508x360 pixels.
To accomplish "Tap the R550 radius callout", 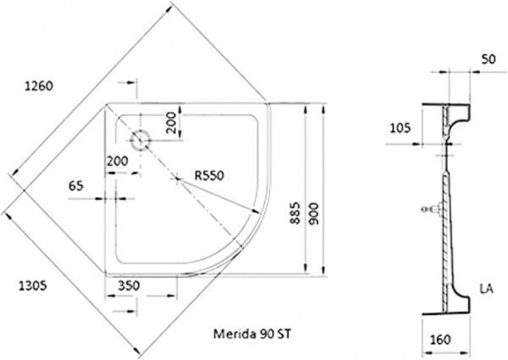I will pyautogui.click(x=208, y=175).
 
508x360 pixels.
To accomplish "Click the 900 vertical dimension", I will pyautogui.click(x=313, y=218).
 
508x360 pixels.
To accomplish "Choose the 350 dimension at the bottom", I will pyautogui.click(x=128, y=287).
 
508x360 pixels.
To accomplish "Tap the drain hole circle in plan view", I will pyautogui.click(x=139, y=138).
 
